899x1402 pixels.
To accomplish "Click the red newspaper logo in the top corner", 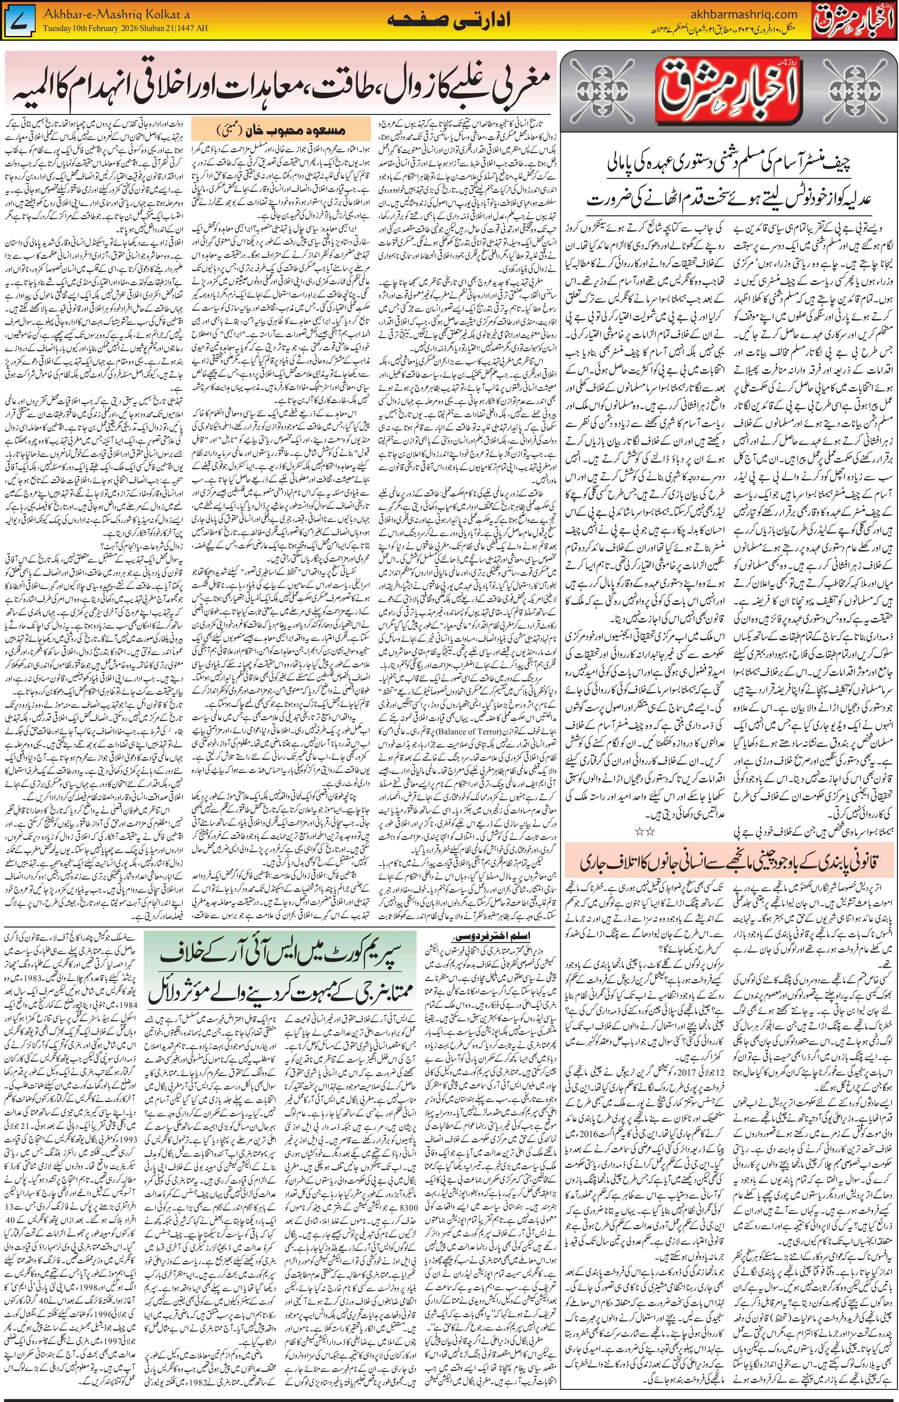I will (855, 21).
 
